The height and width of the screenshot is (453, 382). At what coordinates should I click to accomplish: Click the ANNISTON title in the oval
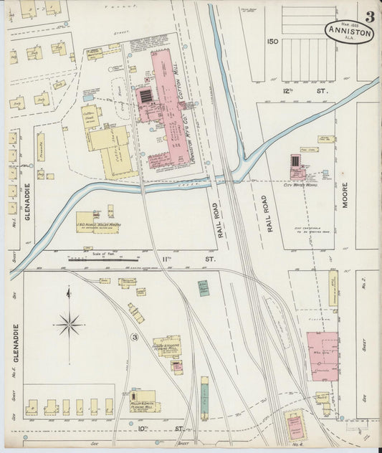pyautogui.click(x=349, y=32)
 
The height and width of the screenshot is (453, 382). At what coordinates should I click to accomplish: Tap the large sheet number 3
pyautogui.click(x=368, y=16)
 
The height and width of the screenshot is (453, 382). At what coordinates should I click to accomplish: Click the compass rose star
pyautogui.click(x=70, y=325)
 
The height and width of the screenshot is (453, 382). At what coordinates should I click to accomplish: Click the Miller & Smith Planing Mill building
pyautogui.click(x=143, y=399)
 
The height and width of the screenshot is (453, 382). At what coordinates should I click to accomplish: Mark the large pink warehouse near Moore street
pyautogui.click(x=323, y=357)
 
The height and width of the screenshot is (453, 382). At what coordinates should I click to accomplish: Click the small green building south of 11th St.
pyautogui.click(x=204, y=288)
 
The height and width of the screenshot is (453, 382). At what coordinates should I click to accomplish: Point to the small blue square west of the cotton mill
pyautogui.click(x=87, y=97)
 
